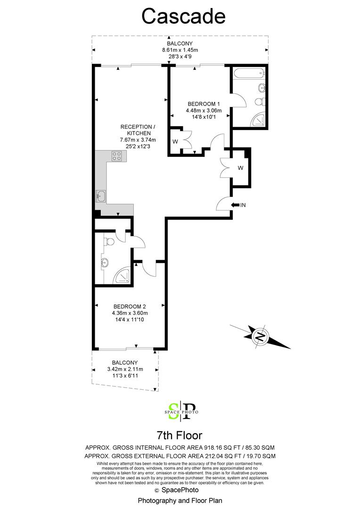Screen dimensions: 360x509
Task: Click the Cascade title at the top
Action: pyautogui.click(x=183, y=16)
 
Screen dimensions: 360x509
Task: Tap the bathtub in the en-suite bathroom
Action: pyautogui.click(x=249, y=74)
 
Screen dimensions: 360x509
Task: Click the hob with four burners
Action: pyautogui.click(x=116, y=156)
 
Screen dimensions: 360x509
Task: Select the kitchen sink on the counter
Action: pyautogui.click(x=101, y=197)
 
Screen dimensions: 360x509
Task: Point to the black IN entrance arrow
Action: pyautogui.click(x=235, y=205)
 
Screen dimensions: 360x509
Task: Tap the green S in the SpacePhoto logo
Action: pyautogui.click(x=174, y=411)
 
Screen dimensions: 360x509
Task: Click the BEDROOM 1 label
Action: pyautogui.click(x=204, y=104)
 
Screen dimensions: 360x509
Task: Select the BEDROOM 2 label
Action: pyautogui.click(x=130, y=306)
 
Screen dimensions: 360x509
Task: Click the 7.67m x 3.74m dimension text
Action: pyautogui.click(x=138, y=140)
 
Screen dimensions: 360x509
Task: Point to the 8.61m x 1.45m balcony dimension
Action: pyautogui.click(x=180, y=50)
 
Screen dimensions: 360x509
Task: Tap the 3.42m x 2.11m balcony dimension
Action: pyautogui.click(x=125, y=369)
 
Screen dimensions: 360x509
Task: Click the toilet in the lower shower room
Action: pyautogui.click(x=108, y=241)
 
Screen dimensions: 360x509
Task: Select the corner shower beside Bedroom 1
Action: pyautogui.click(x=258, y=120)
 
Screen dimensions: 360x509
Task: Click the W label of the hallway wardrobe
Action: pyautogui.click(x=240, y=168)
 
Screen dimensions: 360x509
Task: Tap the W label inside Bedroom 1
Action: pyautogui.click(x=175, y=141)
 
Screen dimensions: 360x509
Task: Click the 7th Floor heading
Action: pyautogui.click(x=180, y=435)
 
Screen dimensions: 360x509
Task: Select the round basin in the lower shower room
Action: pyautogui.click(x=105, y=263)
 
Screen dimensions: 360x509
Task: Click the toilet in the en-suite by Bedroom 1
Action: pyautogui.click(x=260, y=102)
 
